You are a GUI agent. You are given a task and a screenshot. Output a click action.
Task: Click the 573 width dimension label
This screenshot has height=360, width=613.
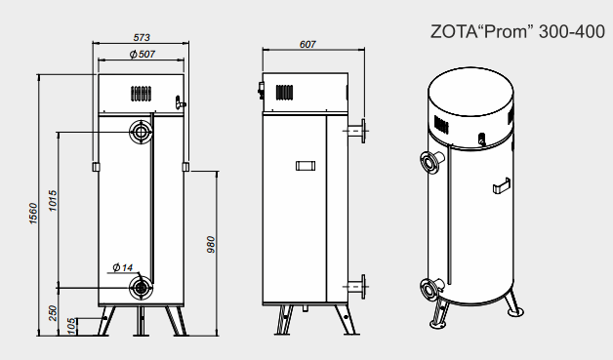[x=142, y=37]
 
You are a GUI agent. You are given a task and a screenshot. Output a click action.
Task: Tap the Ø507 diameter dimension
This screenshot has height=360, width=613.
[x=143, y=54]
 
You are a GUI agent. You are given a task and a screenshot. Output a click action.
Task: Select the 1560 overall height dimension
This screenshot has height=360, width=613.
[x=33, y=214]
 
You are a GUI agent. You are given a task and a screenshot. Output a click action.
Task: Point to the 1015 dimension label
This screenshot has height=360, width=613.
[x=53, y=201]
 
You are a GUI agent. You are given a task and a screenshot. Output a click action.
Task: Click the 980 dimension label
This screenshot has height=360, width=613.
[x=211, y=245]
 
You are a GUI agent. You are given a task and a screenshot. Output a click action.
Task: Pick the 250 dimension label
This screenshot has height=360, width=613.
[x=53, y=313]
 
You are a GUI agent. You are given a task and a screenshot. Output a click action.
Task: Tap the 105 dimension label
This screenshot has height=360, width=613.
[x=71, y=326]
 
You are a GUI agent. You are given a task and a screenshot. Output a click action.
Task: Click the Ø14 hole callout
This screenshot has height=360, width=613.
[x=123, y=267]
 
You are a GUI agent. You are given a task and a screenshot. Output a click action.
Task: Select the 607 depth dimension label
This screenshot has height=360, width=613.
[x=307, y=45]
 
